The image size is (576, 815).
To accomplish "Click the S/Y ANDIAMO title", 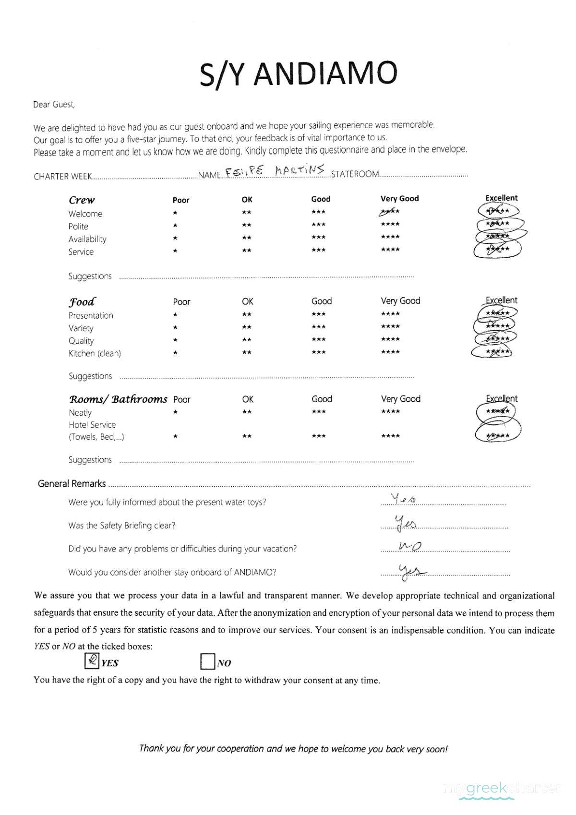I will pyautogui.click(x=298, y=74).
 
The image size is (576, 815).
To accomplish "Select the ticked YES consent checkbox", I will pyautogui.click(x=92, y=661).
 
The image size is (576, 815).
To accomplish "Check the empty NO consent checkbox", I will pyautogui.click(x=207, y=662).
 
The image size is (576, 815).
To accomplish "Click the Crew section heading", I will pyautogui.click(x=82, y=200).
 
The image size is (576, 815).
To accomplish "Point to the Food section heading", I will pyautogui.click(x=82, y=302).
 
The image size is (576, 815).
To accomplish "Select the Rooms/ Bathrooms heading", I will pyautogui.click(x=118, y=399).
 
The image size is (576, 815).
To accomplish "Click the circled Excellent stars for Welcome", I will pyautogui.click(x=498, y=211).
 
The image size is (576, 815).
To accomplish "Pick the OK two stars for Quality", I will pyautogui.click(x=247, y=340).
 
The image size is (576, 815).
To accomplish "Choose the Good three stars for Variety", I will pyautogui.click(x=318, y=327).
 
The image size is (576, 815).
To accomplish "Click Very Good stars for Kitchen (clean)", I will pyautogui.click(x=390, y=352).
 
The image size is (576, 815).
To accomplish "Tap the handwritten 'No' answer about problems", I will pyautogui.click(x=410, y=546).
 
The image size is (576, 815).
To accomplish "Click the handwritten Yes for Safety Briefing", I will pyautogui.click(x=405, y=523).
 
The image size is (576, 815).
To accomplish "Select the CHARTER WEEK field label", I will pyautogui.click(x=62, y=177).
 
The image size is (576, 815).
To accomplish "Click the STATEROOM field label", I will pyautogui.click(x=355, y=174).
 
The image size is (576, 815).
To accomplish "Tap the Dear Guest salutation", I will pyautogui.click(x=54, y=105).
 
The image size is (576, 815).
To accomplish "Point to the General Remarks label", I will pyautogui.click(x=72, y=484).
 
